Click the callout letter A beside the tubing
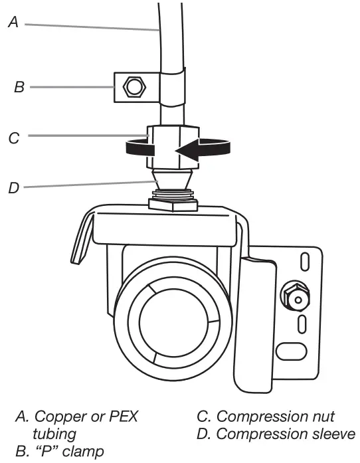(x=12, y=22)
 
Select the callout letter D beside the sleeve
(x=13, y=187)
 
